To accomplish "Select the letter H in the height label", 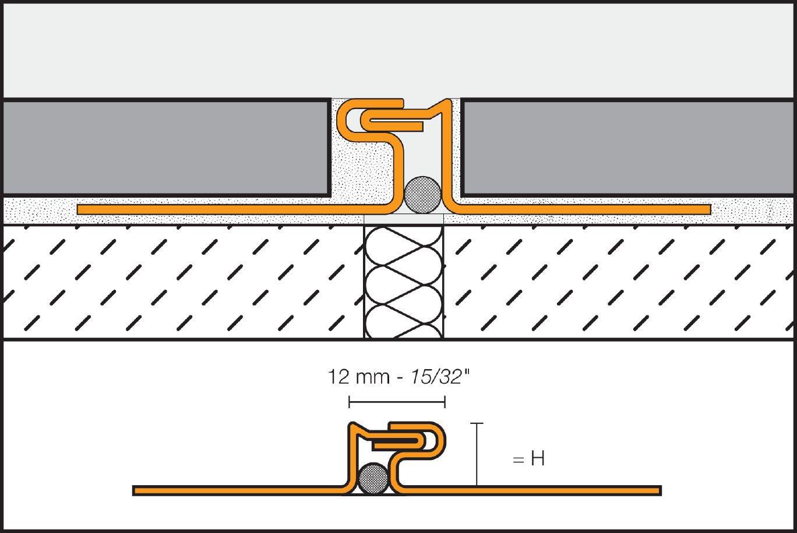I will (537, 460).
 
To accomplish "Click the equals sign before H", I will (519, 460).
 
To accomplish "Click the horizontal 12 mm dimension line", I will (396, 402).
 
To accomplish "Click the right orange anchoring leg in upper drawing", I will (583, 209).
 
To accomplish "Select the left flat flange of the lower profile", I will (233, 490).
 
